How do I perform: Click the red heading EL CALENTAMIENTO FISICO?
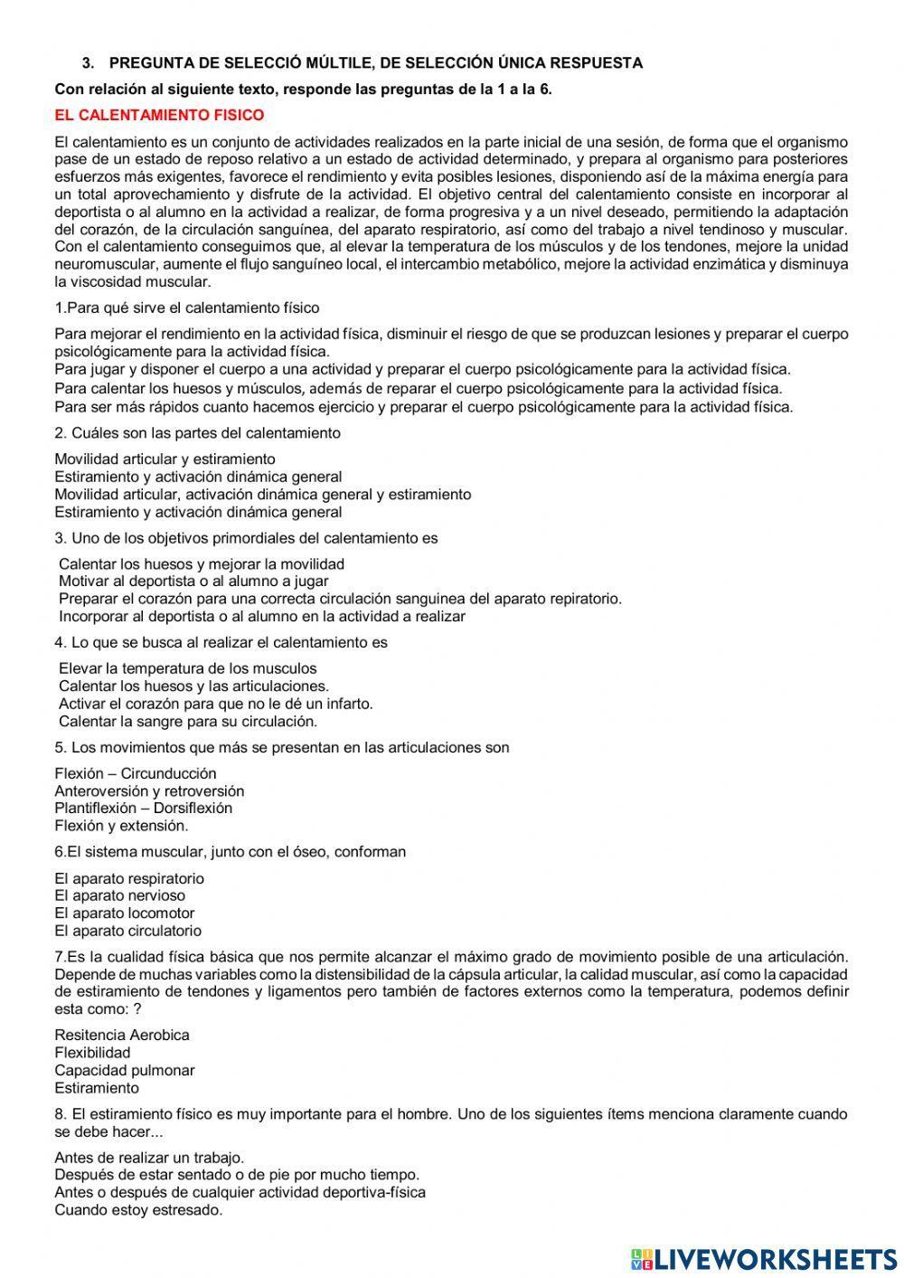159,115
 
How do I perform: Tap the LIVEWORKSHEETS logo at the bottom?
763,1258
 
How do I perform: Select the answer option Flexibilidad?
92,1052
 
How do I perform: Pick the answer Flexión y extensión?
121,825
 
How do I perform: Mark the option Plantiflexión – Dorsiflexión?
143,808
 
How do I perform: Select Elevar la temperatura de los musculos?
188,668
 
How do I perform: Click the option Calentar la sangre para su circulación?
188,721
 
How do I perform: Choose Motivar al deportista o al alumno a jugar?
193,581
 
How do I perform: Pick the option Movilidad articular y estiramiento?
165,459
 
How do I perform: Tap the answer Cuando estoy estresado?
138,1209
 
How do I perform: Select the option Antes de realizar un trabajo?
149,1157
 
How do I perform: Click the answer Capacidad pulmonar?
125,1070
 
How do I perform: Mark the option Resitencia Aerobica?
122,1035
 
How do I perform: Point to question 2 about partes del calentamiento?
197,432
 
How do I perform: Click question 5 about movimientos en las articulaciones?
281,747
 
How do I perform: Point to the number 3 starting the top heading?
87,62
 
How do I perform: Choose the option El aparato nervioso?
119,895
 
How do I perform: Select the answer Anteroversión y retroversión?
149,790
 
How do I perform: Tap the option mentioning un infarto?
215,703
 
